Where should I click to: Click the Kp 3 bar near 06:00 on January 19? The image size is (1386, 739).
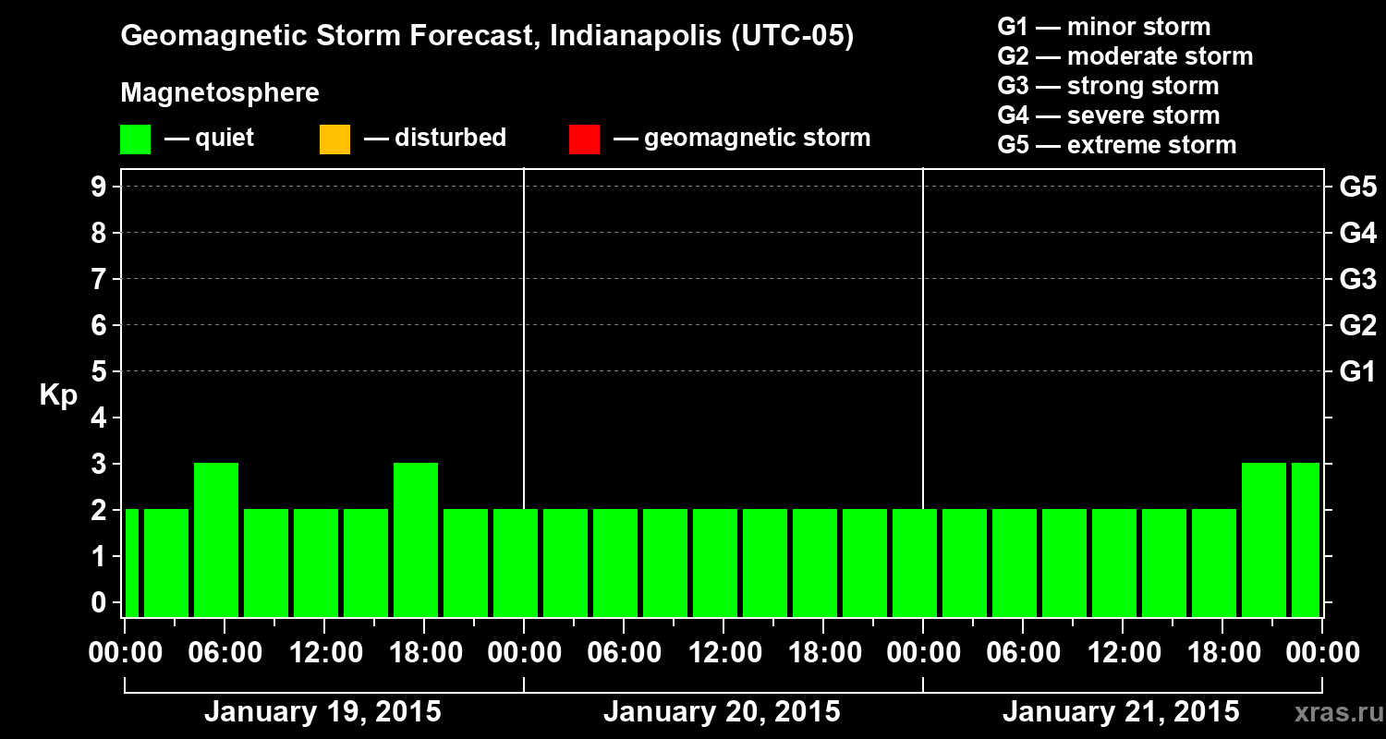click(x=216, y=539)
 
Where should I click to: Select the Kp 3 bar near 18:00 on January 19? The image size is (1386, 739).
click(x=416, y=539)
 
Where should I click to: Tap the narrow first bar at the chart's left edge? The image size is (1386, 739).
click(x=131, y=563)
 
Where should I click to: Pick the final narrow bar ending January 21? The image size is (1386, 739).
click(x=1305, y=539)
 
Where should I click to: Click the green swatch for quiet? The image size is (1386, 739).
click(x=135, y=139)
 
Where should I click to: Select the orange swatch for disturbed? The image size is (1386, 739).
click(x=334, y=139)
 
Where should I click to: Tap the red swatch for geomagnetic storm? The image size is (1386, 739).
click(x=584, y=139)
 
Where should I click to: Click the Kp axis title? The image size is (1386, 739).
click(x=58, y=396)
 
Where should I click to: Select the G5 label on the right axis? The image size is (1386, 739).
click(x=1357, y=188)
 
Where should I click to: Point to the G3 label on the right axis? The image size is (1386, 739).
click(x=1357, y=280)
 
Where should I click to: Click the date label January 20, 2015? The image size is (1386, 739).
click(x=722, y=712)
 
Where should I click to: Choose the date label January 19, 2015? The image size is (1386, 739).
click(x=322, y=712)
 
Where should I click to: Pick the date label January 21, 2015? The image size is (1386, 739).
click(x=1121, y=712)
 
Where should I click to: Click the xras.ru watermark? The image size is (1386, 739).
click(x=1332, y=712)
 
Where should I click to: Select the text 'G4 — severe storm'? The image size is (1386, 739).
click(x=1108, y=115)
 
